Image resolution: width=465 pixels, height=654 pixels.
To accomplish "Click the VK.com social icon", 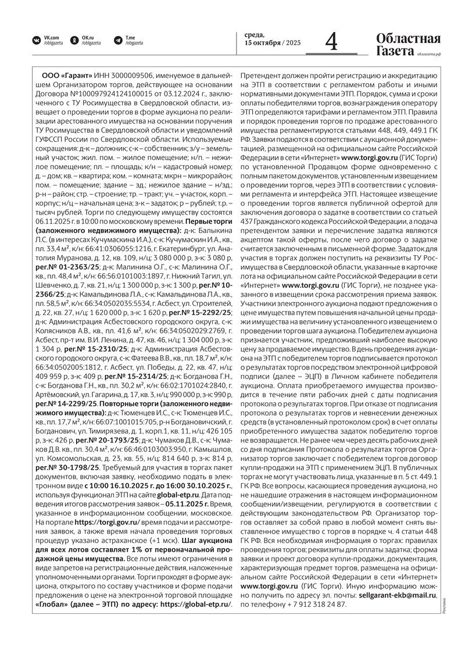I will (37, 40).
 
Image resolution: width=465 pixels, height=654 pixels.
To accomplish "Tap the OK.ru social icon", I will (74, 40).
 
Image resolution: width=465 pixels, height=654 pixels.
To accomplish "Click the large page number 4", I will (331, 42).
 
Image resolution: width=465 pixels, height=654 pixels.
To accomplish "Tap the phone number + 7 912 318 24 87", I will (317, 605).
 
